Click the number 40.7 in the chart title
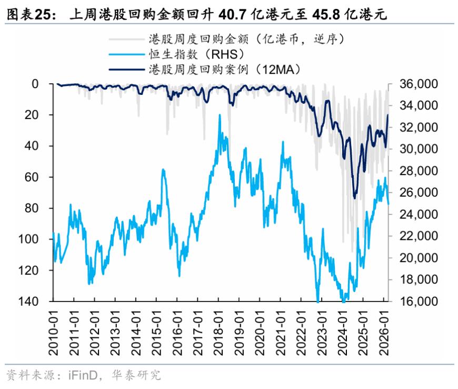pos(233,14)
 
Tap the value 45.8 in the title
pos(326,14)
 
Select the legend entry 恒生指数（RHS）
pos(196,54)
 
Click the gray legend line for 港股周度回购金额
pos(127,39)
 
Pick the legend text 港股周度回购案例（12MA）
pos(225,70)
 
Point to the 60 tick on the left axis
pos(32,177)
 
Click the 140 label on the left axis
pos(28,302)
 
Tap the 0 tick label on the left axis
pos(35,84)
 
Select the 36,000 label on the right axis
pos(419,84)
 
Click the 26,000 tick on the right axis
pos(419,192)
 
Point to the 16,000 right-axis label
pos(419,302)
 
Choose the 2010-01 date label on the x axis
pos(54,333)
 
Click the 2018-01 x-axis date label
pos(218,333)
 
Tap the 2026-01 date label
pos(384,333)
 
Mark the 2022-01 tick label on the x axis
pos(301,333)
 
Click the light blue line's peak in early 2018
pos(220,115)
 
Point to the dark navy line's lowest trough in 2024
pos(355,198)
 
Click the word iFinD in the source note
pos(83,375)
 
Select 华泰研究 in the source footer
pos(136,375)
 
